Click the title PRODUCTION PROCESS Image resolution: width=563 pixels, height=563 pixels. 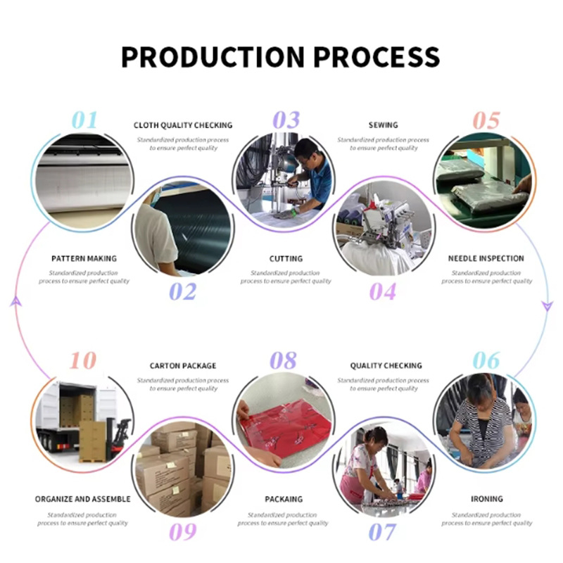(x=281, y=56)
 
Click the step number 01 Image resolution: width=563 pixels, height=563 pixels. (x=84, y=120)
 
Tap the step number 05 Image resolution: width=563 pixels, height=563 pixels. (x=486, y=120)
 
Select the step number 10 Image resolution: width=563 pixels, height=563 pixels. (x=82, y=361)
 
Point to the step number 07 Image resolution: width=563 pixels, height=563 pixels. (x=382, y=532)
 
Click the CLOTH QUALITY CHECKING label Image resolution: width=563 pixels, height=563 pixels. (x=183, y=125)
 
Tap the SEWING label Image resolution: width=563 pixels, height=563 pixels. (x=383, y=125)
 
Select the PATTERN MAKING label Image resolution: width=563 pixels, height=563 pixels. (x=84, y=258)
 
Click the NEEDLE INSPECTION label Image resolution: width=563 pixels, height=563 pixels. (x=486, y=258)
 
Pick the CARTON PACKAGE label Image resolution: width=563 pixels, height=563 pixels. (x=183, y=366)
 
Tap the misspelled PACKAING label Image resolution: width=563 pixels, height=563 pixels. (x=284, y=499)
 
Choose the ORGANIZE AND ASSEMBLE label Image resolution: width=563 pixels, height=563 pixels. (x=83, y=499)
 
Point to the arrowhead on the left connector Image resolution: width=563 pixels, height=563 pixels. (x=15, y=301)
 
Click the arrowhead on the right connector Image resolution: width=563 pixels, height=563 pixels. (x=548, y=305)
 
